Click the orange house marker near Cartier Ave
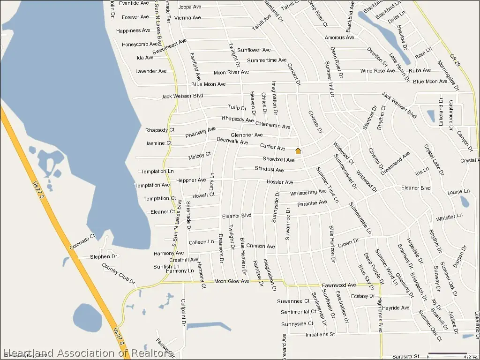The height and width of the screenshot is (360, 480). click(x=298, y=151)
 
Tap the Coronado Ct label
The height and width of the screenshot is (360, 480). click(x=82, y=242)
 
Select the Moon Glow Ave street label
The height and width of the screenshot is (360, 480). click(x=232, y=281)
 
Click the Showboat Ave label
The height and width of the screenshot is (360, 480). click(x=278, y=160)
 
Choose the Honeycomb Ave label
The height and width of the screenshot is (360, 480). click(x=140, y=44)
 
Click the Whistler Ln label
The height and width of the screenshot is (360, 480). click(x=449, y=218)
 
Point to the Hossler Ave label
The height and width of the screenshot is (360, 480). click(x=280, y=182)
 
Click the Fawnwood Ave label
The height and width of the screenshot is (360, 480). click(x=339, y=285)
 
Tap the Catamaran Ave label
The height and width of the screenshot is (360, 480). click(x=272, y=124)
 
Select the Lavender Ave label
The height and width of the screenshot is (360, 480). click(x=151, y=71)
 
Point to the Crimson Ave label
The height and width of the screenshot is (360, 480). click(x=261, y=246)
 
